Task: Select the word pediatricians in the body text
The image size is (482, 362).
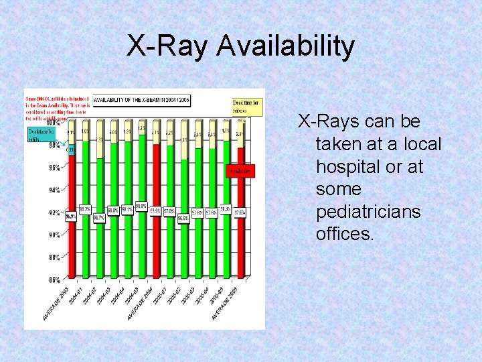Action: (x=368, y=211)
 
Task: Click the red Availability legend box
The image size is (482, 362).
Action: (x=241, y=171)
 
